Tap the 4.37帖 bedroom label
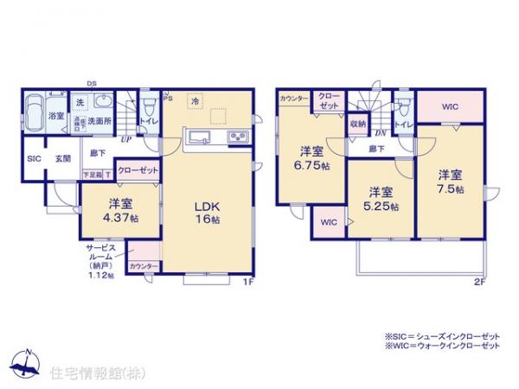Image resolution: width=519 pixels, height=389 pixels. click(x=119, y=212)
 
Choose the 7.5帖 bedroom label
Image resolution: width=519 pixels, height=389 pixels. click(x=448, y=181)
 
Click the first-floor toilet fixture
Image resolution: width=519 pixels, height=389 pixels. click(x=150, y=106)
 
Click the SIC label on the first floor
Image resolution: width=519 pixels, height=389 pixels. click(x=34, y=159)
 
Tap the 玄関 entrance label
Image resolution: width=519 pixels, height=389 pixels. click(x=63, y=159)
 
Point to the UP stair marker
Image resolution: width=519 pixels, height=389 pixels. click(x=126, y=138)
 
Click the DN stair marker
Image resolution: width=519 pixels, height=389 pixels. click(x=381, y=131)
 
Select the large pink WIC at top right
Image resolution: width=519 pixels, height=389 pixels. click(x=449, y=107)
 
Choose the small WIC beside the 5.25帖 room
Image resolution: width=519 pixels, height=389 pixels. click(x=330, y=222)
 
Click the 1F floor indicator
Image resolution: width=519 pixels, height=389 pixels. click(x=247, y=281)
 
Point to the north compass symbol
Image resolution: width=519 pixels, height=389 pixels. click(x=29, y=364)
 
